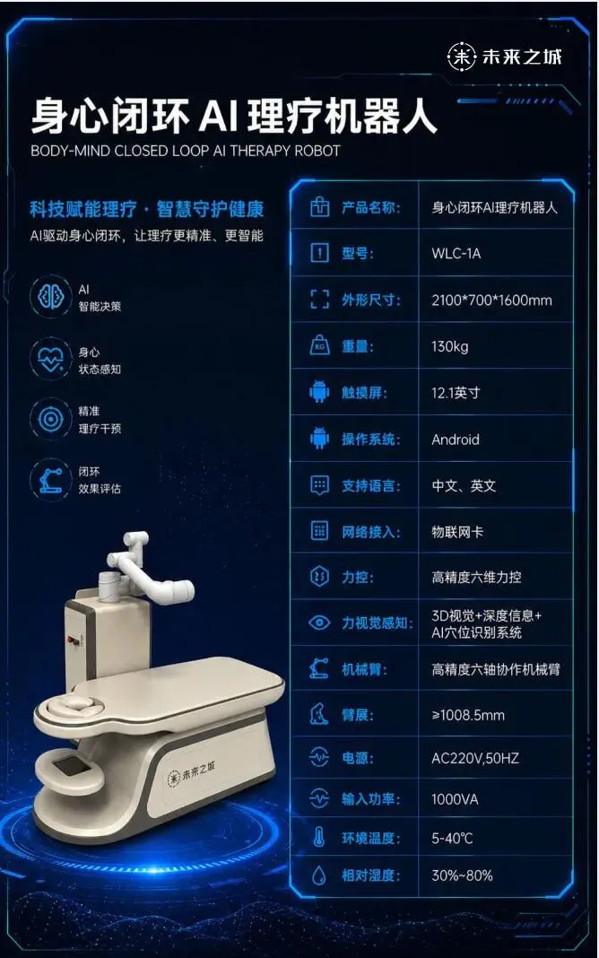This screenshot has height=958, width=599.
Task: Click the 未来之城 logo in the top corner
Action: pyautogui.click(x=504, y=57)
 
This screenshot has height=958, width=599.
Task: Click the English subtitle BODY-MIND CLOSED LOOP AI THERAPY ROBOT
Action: pyautogui.click(x=185, y=151)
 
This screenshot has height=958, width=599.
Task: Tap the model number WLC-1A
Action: pyautogui.click(x=456, y=254)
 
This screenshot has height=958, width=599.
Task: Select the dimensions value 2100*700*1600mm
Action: pyautogui.click(x=491, y=300)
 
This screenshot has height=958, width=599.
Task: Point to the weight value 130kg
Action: pyautogui.click(x=449, y=346)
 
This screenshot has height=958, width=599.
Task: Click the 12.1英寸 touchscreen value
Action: pyautogui.click(x=456, y=393)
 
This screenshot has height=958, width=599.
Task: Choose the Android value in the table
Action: pyautogui.click(x=455, y=440)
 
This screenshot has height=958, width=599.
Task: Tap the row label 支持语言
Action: pyautogui.click(x=370, y=485)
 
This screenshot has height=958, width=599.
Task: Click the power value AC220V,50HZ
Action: pyautogui.click(x=475, y=758)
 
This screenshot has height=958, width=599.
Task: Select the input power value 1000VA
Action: pyautogui.click(x=455, y=799)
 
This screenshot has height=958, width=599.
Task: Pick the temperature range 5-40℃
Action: pyautogui.click(x=452, y=838)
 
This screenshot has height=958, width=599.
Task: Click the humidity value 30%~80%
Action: pyautogui.click(x=462, y=875)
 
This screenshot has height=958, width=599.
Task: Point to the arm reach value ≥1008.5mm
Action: pyautogui.click(x=468, y=715)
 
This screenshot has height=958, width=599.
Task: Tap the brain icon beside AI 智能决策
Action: pyautogui.click(x=51, y=297)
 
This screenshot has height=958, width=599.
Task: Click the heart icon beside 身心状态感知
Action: pyautogui.click(x=51, y=359)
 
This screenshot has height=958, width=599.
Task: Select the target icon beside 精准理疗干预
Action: pyautogui.click(x=51, y=419)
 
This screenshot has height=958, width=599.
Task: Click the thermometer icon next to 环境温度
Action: pyautogui.click(x=318, y=838)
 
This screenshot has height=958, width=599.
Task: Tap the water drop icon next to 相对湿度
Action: pyautogui.click(x=318, y=875)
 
